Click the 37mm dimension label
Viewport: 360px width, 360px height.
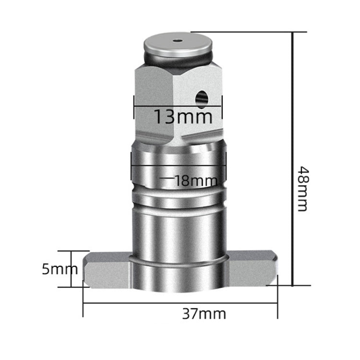(204, 314)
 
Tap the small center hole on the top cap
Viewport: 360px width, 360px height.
(179, 41)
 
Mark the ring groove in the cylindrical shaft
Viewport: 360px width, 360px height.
(178, 197)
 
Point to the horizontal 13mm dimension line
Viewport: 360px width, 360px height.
(178, 106)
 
